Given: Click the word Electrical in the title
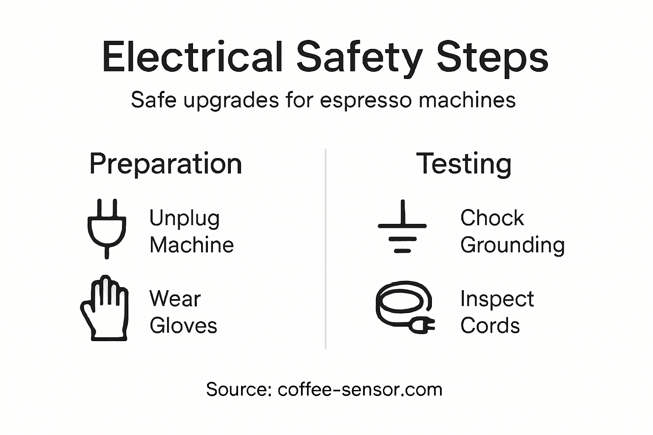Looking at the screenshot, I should point(192,57).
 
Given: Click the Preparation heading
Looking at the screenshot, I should point(165,164).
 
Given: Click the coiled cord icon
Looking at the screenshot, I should point(404,307).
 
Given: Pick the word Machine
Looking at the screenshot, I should point(191,245).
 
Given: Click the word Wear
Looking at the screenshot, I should point(175,299).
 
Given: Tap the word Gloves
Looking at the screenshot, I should point(183,326).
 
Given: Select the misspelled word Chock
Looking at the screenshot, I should point(492,218).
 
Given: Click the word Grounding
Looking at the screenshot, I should point(512,246).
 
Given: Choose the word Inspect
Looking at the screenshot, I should point(497,299).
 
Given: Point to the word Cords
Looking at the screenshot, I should point(490,326).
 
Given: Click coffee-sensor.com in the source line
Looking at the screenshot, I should point(360,389).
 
